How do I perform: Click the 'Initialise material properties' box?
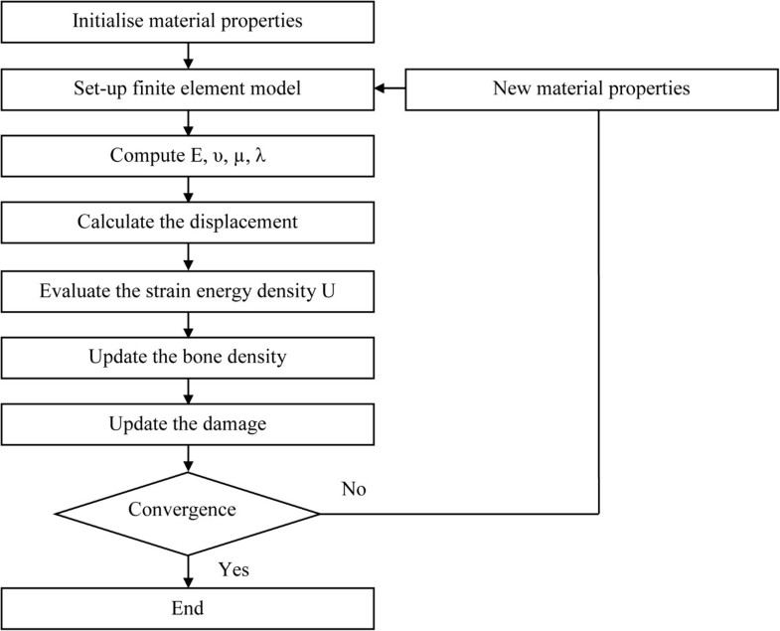188,22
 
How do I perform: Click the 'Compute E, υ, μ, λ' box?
188,155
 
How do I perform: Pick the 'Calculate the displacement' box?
188,223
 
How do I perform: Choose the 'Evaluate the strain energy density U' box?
188,290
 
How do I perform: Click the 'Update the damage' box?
188,424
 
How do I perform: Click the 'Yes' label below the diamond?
233,569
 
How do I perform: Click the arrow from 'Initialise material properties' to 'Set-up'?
188,56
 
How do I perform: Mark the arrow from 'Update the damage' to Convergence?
188,460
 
